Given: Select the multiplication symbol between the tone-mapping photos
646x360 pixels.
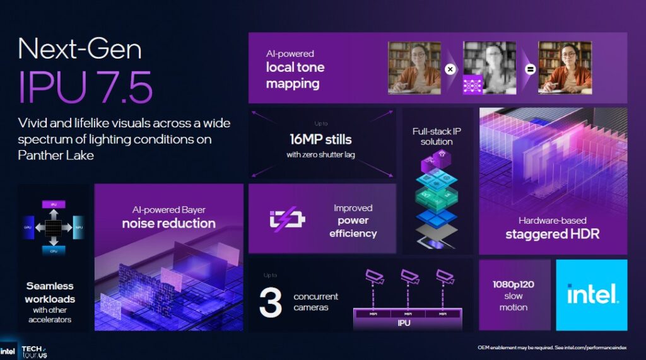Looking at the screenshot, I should (450, 69).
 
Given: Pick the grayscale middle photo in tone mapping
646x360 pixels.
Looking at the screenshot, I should (490, 67).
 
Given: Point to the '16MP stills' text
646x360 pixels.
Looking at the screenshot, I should (321, 139).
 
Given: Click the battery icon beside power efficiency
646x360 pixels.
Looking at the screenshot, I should (287, 219).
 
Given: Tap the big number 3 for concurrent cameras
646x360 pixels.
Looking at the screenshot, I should (270, 302).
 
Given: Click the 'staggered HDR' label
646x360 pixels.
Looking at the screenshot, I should (552, 235).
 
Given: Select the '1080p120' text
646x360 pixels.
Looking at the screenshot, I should (514, 284).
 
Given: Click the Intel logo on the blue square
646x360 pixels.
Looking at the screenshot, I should (592, 294).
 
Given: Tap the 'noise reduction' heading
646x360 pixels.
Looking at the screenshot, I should (168, 223).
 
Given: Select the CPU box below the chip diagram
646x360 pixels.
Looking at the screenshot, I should (54, 250).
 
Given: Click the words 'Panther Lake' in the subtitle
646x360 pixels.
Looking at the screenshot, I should (56, 155).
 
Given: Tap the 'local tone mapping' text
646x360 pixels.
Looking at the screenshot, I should (295, 75).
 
